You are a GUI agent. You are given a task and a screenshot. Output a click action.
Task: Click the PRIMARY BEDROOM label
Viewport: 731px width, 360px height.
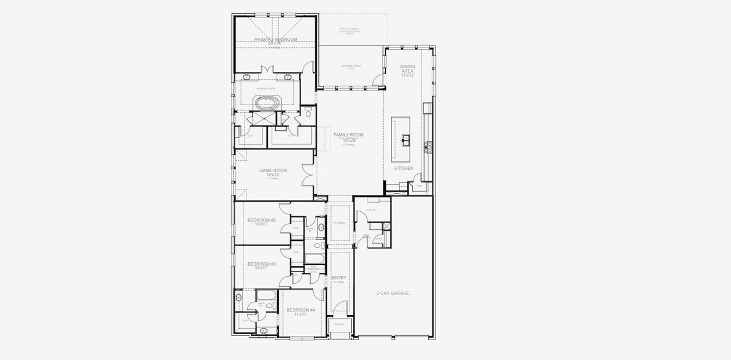[275, 40]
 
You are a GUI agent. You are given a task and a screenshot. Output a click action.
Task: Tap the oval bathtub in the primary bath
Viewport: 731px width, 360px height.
[267, 103]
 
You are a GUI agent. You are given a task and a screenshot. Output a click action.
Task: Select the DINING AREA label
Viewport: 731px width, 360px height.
[408, 71]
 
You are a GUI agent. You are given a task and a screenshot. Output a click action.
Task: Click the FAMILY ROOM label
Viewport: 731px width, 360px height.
[348, 136]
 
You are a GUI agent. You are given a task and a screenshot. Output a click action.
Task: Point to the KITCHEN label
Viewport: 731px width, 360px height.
[404, 169]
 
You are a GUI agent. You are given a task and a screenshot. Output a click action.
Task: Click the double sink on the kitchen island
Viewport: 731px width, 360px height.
[407, 140]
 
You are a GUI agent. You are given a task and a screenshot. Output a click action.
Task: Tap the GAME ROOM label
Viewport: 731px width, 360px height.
[273, 172]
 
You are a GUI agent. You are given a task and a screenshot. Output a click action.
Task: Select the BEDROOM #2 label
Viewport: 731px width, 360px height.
[261, 221]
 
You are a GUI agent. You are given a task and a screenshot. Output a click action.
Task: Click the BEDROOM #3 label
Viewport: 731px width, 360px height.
[261, 265]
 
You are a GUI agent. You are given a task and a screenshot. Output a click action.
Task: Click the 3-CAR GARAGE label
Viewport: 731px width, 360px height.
[393, 293]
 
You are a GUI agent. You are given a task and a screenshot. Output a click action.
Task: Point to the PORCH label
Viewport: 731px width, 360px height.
[339, 325]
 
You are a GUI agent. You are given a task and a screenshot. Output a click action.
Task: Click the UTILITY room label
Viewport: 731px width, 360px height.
[371, 210]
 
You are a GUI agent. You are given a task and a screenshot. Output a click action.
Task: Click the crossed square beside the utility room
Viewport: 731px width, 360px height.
[386, 226]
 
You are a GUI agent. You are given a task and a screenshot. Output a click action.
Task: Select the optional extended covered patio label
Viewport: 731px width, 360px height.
[350, 30]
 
